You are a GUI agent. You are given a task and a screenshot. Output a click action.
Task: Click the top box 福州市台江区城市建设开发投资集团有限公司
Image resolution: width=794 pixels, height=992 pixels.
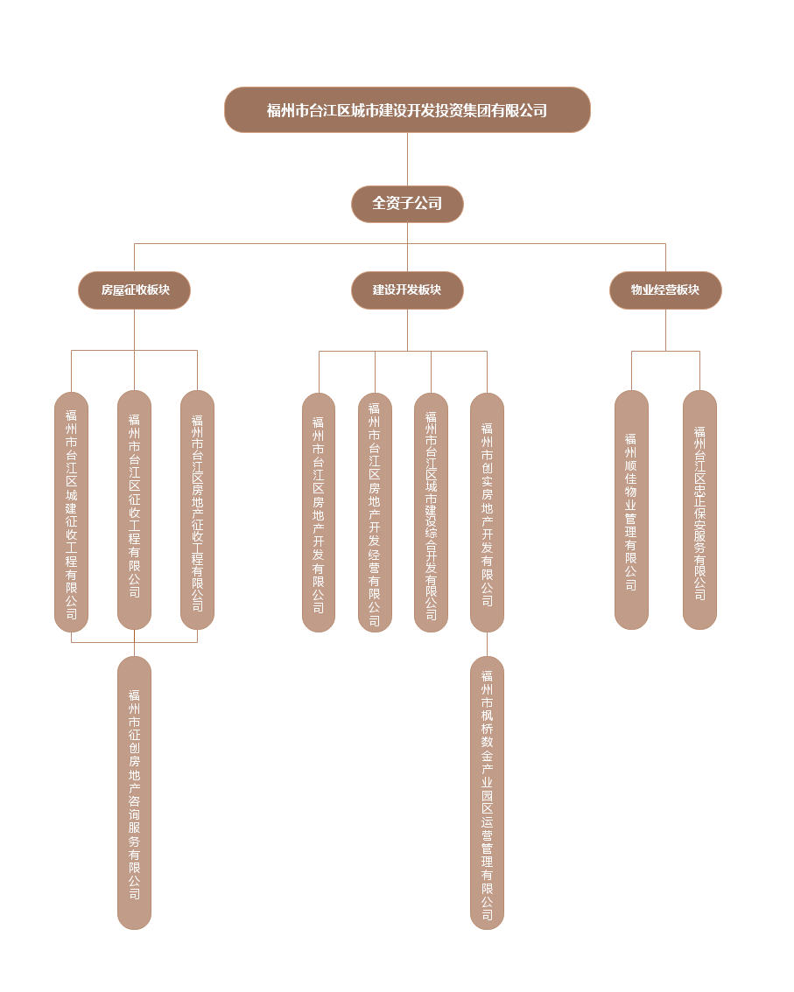pyautogui.click(x=407, y=110)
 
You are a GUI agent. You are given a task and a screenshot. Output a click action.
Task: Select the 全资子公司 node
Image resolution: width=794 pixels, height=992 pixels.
pyautogui.click(x=407, y=204)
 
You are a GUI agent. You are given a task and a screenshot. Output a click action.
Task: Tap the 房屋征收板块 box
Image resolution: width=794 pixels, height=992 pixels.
pyautogui.click(x=135, y=290)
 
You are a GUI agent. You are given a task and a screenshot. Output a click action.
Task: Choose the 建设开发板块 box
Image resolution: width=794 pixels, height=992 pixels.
pyautogui.click(x=407, y=290)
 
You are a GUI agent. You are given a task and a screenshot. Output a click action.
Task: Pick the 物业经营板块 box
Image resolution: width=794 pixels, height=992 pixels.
pyautogui.click(x=665, y=290)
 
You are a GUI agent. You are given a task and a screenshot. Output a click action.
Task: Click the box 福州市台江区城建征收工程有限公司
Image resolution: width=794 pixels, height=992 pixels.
pyautogui.click(x=72, y=511)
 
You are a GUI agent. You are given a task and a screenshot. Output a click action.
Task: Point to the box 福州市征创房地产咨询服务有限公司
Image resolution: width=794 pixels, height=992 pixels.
pyautogui.click(x=135, y=793)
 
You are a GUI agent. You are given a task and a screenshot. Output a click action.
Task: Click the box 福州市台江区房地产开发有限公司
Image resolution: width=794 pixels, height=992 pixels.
pyautogui.click(x=319, y=512)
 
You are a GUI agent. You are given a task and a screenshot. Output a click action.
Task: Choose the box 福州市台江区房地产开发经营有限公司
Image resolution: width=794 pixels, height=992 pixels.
pyautogui.click(x=375, y=512)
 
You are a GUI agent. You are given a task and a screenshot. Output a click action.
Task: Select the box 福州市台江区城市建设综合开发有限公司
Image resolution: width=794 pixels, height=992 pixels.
pyautogui.click(x=431, y=512)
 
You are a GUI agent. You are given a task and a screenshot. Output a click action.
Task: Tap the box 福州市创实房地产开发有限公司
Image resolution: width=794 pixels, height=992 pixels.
pyautogui.click(x=487, y=512)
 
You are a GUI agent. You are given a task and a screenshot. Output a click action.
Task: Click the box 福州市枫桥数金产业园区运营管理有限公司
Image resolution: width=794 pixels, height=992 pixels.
pyautogui.click(x=487, y=793)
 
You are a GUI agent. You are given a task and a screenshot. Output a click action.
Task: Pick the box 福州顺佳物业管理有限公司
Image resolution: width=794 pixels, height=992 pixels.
pyautogui.click(x=631, y=510)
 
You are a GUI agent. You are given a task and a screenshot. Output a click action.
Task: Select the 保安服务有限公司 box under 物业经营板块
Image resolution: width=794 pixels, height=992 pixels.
pyautogui.click(x=699, y=510)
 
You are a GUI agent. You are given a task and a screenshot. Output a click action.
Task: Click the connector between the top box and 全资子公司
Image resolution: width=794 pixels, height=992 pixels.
pyautogui.click(x=407, y=159)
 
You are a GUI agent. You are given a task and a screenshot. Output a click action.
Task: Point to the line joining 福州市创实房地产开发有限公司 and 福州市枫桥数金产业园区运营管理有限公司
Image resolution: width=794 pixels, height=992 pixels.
pyautogui.click(x=487, y=644)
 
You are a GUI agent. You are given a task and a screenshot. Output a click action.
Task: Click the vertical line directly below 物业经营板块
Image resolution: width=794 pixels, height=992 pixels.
pyautogui.click(x=666, y=331)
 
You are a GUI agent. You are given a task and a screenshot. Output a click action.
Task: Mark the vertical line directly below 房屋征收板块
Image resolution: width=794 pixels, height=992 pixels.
pyautogui.click(x=135, y=331)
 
